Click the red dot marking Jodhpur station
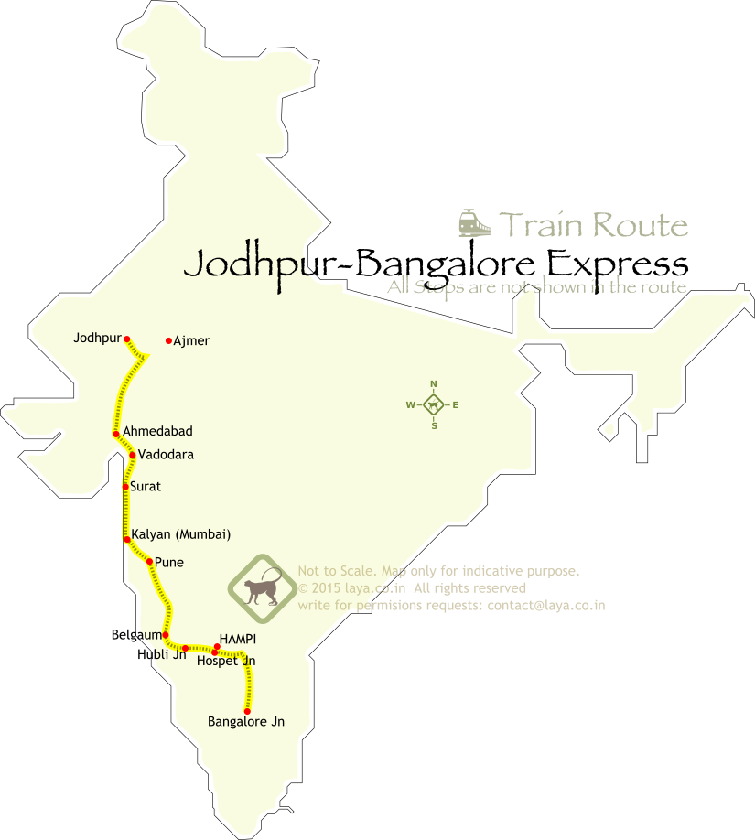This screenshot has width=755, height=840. point(127,339)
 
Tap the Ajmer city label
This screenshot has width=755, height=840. point(191,341)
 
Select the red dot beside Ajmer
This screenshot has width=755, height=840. point(168,341)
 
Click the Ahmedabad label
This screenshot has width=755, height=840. point(157,431)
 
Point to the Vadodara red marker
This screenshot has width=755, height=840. point(133,455)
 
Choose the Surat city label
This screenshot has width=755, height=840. point(146,487)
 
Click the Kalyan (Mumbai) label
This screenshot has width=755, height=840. point(180,534)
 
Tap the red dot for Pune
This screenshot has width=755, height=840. point(149,562)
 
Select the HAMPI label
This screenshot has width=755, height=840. point(238,639)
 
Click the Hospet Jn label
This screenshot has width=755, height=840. point(226,661)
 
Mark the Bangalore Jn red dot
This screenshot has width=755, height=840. point(247,711)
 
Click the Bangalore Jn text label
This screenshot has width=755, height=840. point(246,722)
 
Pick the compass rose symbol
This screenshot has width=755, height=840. point(434,404)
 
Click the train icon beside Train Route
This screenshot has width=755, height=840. point(472,223)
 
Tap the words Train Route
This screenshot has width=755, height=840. point(593,224)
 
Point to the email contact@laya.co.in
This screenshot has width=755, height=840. point(546,606)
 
